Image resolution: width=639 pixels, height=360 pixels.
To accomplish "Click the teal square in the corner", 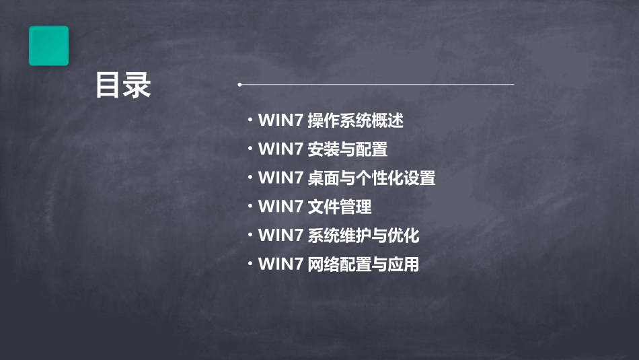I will (48, 46).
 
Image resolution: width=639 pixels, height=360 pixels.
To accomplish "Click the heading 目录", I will (123, 85).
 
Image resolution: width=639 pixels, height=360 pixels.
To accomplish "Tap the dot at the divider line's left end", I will (239, 85).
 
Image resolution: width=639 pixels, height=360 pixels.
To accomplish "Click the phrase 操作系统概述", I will (355, 121).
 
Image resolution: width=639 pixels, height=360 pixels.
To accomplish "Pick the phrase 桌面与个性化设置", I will (371, 178).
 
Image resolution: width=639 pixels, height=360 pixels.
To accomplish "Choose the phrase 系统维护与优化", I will (363, 236).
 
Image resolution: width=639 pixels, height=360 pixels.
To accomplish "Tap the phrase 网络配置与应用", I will (363, 264).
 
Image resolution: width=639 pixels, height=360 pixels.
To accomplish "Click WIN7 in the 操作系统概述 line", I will (280, 121).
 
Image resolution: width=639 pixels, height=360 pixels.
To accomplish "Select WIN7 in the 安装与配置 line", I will (280, 149).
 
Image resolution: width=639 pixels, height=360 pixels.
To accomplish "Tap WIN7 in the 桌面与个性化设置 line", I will (280, 178).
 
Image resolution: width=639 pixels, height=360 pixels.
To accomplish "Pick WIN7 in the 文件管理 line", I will (280, 207).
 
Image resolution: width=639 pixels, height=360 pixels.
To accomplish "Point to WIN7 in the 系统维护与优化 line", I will (280, 236).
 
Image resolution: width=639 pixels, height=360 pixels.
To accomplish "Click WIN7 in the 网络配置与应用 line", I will (280, 264).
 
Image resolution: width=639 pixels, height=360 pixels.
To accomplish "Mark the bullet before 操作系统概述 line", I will (250, 120).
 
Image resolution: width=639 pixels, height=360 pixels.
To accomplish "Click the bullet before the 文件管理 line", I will (250, 206).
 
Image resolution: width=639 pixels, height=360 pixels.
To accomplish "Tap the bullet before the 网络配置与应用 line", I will (250, 264).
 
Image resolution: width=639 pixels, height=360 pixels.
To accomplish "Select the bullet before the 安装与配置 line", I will (250, 149).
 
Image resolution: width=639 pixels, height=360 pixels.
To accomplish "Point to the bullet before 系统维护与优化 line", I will (250, 235).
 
